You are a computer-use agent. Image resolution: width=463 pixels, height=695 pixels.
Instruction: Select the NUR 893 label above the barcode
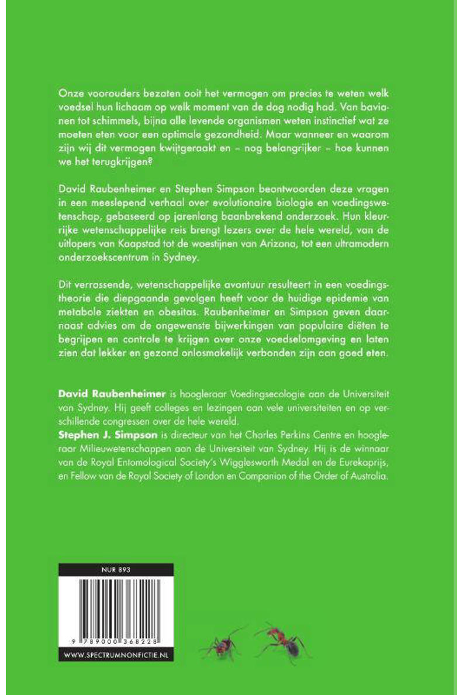[x=116, y=568]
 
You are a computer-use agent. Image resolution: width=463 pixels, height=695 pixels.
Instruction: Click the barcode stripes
[x=116, y=603]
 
